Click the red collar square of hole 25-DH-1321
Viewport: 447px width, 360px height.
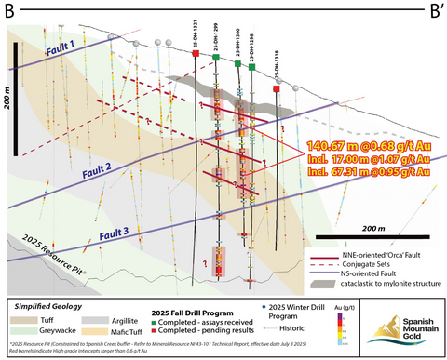tap(196, 55)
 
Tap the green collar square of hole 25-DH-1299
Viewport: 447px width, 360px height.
tap(216, 58)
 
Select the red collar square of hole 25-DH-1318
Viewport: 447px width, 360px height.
tap(277, 89)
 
